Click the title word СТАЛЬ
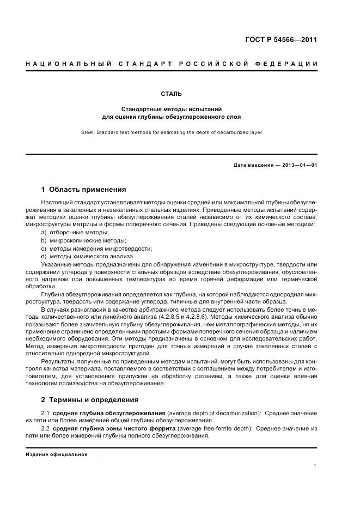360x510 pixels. pos(172,94)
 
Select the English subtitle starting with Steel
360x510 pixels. pos(172,132)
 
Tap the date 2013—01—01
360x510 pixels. pos(298,165)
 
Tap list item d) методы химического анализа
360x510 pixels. pos(87,256)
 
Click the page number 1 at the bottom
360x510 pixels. pos(315,466)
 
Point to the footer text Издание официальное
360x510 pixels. pos(57,454)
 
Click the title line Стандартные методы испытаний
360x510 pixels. pos(172,109)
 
